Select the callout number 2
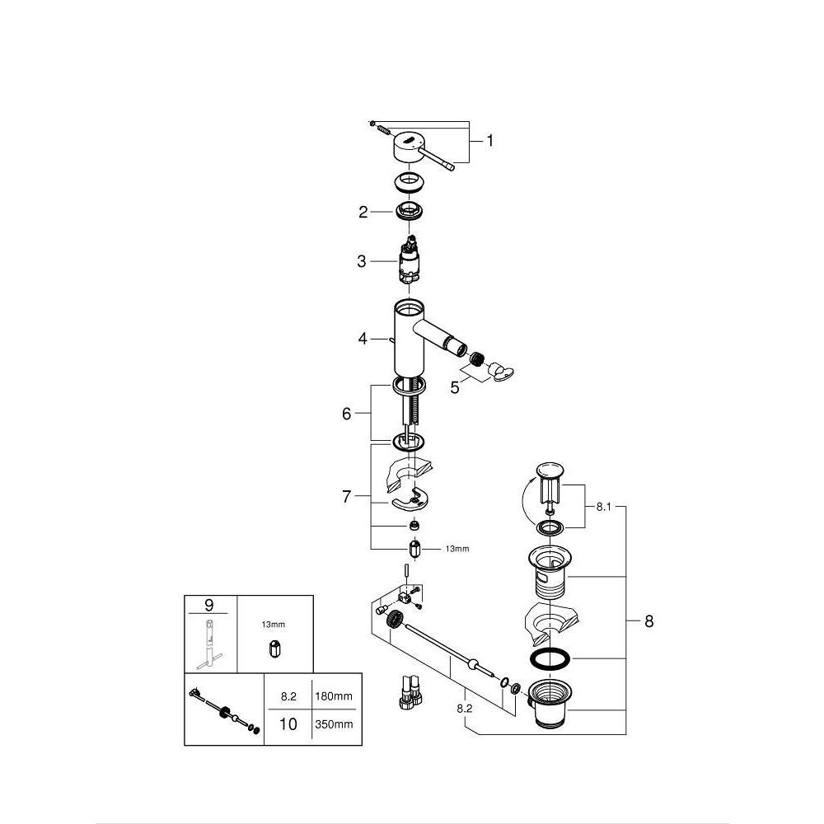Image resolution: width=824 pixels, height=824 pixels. (x=363, y=212)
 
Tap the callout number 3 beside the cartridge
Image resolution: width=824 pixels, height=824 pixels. (x=361, y=261)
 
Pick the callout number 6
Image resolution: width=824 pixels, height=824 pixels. (x=346, y=414)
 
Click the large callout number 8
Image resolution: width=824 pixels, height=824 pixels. (x=648, y=621)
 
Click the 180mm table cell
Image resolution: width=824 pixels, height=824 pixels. (x=334, y=696)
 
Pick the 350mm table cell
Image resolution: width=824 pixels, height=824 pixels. (x=334, y=724)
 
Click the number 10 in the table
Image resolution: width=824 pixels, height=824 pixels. (x=288, y=724)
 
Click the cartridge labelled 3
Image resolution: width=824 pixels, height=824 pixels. (x=408, y=262)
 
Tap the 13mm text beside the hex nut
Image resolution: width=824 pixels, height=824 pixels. (x=456, y=548)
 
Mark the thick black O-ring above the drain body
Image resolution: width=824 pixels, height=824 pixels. (x=547, y=658)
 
